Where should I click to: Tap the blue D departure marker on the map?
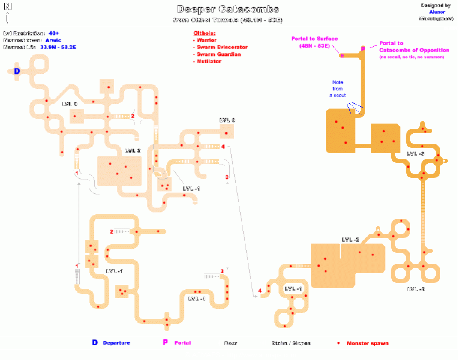tap(17, 71)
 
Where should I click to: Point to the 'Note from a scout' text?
tap(339, 88)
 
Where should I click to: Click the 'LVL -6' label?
tap(415, 154)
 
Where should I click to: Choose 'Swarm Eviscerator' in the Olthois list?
tap(222, 47)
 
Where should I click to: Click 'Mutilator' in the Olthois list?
tap(209, 61)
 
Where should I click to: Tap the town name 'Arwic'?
tap(53, 40)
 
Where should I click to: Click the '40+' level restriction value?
tap(54, 32)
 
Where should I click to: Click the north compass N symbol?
tap(7, 6)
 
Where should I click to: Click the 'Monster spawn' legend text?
tap(369, 343)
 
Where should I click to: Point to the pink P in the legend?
tap(165, 343)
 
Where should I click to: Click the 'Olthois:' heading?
tap(204, 32)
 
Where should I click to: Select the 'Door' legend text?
tap(231, 343)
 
